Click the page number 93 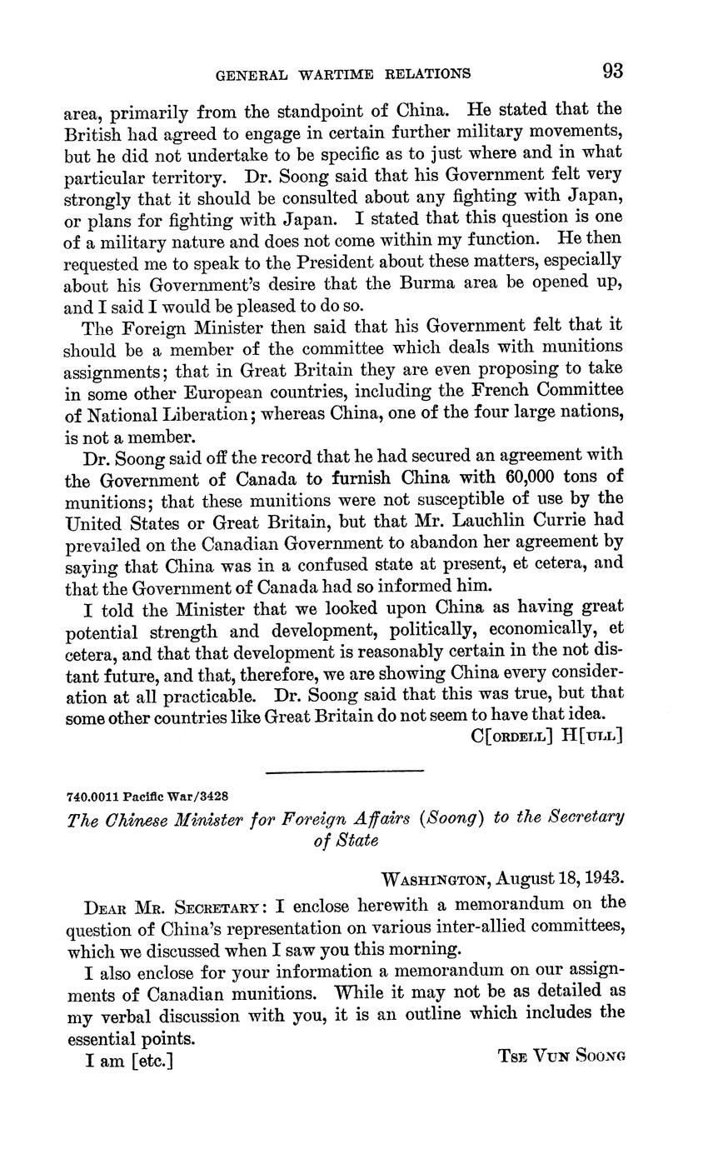click(x=612, y=71)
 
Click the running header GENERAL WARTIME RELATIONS click(x=343, y=74)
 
